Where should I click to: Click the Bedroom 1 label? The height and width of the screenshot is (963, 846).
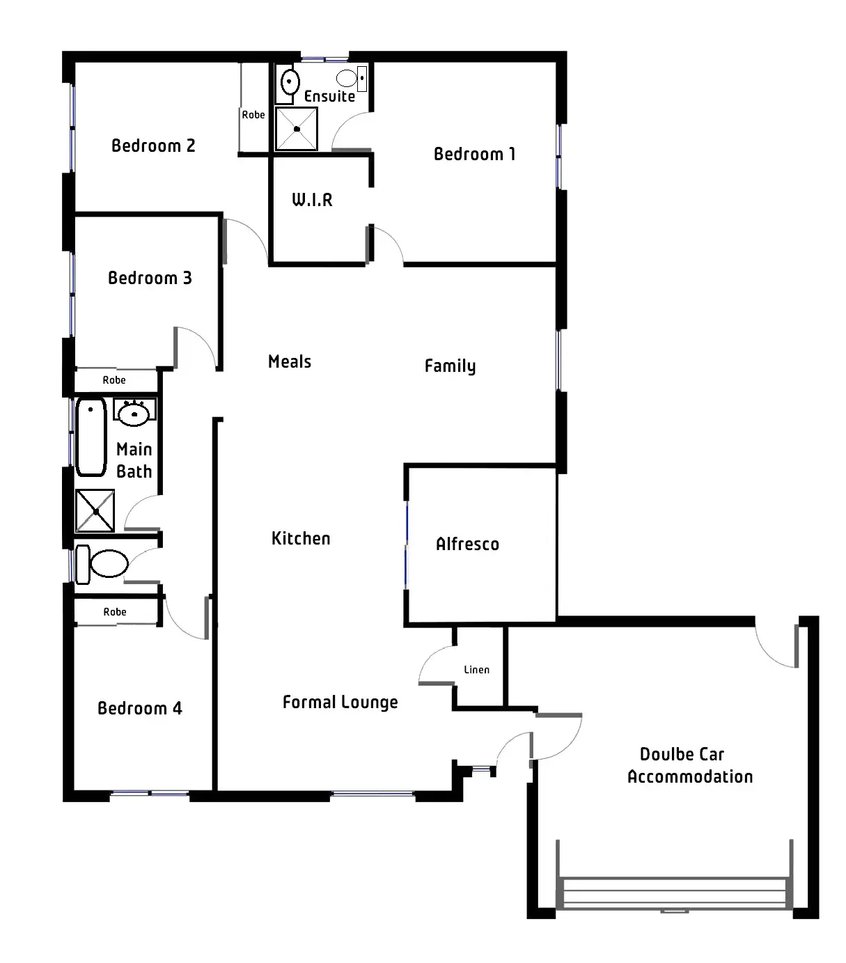(474, 154)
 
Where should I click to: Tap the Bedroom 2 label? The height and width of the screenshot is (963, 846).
(153, 146)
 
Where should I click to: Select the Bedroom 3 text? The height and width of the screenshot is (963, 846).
(150, 278)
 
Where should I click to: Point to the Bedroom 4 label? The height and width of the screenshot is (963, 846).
(139, 708)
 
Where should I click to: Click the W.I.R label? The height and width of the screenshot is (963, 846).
(312, 201)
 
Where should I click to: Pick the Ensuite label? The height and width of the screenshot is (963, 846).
(329, 96)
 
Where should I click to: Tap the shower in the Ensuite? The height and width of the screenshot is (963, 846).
(297, 128)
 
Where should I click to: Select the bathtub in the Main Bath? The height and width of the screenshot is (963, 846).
(91, 437)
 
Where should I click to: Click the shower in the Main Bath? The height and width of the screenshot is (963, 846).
(95, 511)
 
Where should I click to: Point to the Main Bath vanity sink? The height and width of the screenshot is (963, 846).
(134, 414)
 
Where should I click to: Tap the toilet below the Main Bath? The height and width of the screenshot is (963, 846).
(103, 563)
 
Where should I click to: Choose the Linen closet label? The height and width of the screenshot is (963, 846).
(477, 670)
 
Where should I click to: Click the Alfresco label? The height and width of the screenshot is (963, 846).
(467, 545)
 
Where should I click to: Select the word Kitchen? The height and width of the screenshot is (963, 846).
(301, 538)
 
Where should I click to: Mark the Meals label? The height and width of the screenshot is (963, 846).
(290, 361)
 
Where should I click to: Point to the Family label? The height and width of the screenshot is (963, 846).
(451, 366)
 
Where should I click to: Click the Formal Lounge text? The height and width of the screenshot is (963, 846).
(340, 703)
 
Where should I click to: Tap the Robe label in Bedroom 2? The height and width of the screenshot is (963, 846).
(253, 115)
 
